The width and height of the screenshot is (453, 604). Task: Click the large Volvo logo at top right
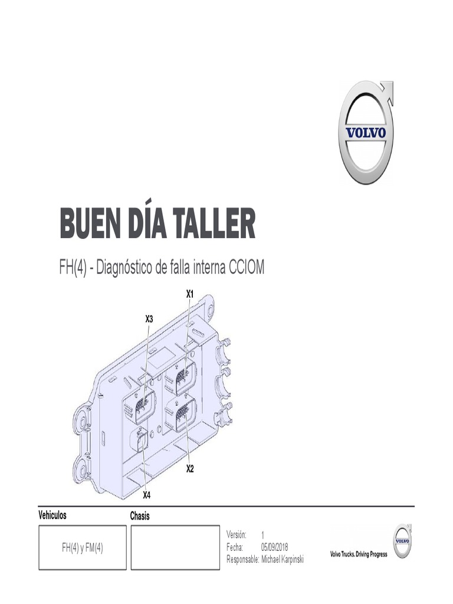(366, 133)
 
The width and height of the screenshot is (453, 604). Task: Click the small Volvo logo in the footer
(402, 541)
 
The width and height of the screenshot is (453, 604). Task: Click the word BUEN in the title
(89, 224)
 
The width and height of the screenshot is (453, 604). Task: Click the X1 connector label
(189, 293)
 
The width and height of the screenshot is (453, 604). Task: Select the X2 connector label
(190, 469)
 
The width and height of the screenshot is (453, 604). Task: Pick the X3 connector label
(149, 319)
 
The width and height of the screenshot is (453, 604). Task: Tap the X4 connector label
(147, 494)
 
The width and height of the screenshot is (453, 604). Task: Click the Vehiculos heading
(52, 515)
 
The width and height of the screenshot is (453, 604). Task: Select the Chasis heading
(140, 516)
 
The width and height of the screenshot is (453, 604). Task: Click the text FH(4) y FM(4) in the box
(83, 548)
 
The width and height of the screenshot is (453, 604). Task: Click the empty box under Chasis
(175, 548)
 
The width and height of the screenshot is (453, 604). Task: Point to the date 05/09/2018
(275, 547)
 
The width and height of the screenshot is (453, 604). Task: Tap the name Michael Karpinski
(282, 559)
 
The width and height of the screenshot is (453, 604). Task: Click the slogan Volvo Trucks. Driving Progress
(359, 555)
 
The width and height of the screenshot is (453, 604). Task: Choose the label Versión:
(237, 534)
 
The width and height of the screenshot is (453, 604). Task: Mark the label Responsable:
(242, 559)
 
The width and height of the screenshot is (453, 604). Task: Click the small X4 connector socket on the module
(140, 439)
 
